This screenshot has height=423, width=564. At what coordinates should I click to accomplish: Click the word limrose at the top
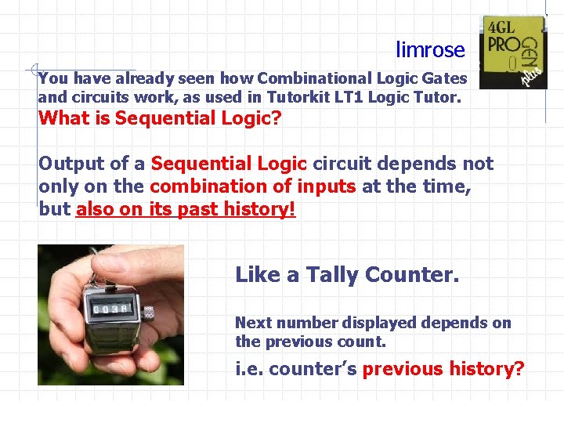[x=430, y=51]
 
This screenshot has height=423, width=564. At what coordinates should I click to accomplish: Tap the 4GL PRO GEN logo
[x=513, y=51]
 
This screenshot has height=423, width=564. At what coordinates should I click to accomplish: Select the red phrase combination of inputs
[x=253, y=186]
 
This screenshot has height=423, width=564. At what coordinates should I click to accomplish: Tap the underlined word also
[x=95, y=209]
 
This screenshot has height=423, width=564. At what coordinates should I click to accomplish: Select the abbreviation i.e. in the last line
[x=249, y=369]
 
